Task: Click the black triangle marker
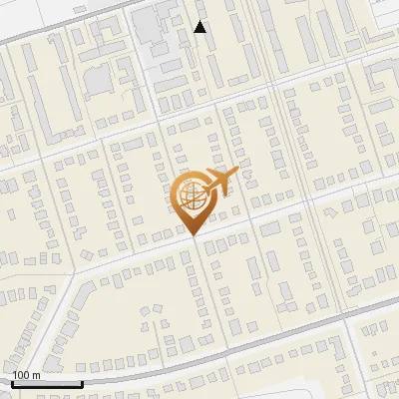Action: point(200,27)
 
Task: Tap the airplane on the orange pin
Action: point(218,181)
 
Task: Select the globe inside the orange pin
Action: point(193,196)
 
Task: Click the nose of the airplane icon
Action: point(237,173)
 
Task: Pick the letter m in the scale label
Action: point(36,376)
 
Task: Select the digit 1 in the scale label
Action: point(16,375)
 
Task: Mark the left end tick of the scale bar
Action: point(12,382)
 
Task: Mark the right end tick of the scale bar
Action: point(82,382)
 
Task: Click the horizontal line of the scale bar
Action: point(47,384)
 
